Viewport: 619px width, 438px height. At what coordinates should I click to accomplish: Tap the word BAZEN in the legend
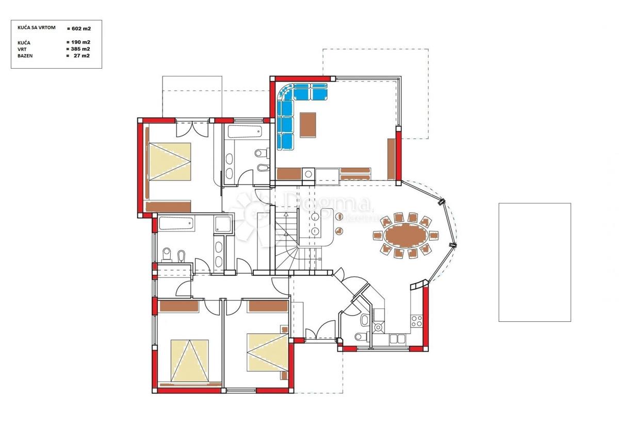(25, 56)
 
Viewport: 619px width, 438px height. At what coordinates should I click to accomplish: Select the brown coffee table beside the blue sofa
(307, 125)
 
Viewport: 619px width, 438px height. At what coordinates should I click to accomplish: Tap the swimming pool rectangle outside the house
(534, 262)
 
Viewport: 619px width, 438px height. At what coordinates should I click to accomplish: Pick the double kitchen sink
(397, 339)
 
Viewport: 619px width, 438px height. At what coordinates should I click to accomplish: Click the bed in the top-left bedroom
(170, 162)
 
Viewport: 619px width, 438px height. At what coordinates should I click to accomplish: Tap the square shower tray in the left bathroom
(222, 224)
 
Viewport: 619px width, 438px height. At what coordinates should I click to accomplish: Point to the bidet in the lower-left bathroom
(180, 255)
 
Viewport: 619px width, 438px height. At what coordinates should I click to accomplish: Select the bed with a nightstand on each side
(266, 352)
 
